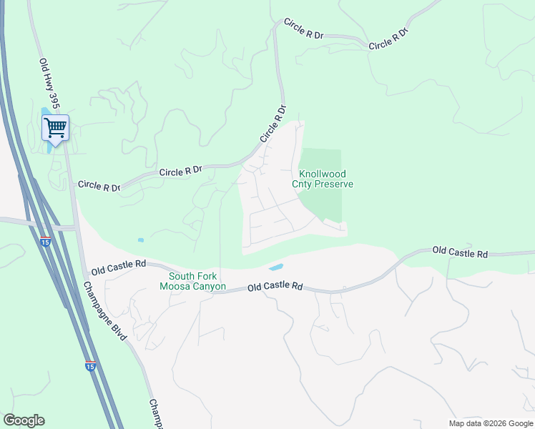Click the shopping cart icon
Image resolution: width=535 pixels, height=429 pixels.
click(x=55, y=128)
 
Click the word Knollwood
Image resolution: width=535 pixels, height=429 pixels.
click(x=323, y=173)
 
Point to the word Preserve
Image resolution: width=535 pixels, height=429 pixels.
click(x=334, y=184)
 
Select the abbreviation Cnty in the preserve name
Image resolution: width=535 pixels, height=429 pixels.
click(x=303, y=184)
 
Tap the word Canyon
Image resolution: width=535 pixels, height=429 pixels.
click(x=210, y=287)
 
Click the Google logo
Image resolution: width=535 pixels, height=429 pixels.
click(x=24, y=420)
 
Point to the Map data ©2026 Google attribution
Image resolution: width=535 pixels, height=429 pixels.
click(x=490, y=423)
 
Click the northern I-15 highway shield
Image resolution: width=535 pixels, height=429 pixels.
click(x=46, y=242)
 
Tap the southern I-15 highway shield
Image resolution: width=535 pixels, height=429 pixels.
click(x=90, y=366)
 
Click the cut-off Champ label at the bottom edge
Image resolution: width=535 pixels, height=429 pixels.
click(x=155, y=414)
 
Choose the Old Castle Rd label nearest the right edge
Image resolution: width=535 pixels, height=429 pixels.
click(x=460, y=253)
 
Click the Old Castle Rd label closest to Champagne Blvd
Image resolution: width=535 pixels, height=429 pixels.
click(x=119, y=269)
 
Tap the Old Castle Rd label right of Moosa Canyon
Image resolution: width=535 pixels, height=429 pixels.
click(x=275, y=287)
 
